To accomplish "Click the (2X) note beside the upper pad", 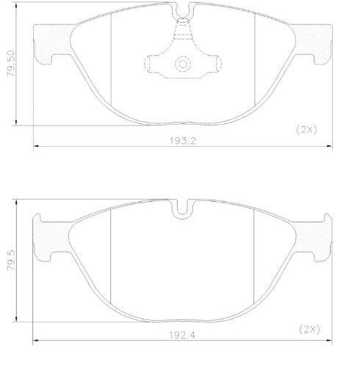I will (306, 129).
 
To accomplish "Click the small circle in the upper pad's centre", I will (181, 64).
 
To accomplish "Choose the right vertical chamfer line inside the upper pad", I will (253, 62).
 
